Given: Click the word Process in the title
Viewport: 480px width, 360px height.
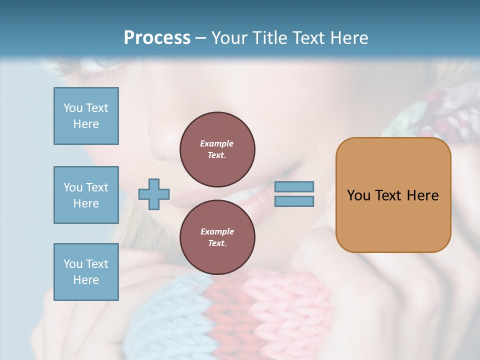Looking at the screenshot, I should click(x=157, y=37).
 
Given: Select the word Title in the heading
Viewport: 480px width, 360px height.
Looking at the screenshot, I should click(x=268, y=37).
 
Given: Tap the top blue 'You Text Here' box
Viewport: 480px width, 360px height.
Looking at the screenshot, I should click(x=86, y=116).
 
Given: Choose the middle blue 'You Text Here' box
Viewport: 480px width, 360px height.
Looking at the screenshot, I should click(x=86, y=195).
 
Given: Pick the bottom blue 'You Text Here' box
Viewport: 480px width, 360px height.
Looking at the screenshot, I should click(x=86, y=272).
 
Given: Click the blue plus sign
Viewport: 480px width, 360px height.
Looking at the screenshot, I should click(x=154, y=194).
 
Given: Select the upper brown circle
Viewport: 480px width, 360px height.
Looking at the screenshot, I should click(x=217, y=149).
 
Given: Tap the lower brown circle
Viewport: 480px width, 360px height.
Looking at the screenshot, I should click(x=217, y=237).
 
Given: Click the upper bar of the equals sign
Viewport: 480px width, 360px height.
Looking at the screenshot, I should click(x=294, y=186).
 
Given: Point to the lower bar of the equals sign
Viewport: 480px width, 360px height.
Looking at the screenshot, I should click(x=294, y=201).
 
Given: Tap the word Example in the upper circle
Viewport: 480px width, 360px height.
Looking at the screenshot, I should click(x=217, y=143).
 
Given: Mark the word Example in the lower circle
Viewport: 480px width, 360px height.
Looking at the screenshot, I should click(x=217, y=231).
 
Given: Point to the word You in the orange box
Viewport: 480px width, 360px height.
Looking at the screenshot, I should click(x=358, y=195).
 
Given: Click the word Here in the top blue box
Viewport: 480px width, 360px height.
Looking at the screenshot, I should click(x=86, y=124).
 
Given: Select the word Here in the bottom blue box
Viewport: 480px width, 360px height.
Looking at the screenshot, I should click(x=86, y=280).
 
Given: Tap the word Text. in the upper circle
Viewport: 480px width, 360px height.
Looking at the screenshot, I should click(x=217, y=155).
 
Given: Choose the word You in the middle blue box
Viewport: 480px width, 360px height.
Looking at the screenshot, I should click(x=72, y=187).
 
